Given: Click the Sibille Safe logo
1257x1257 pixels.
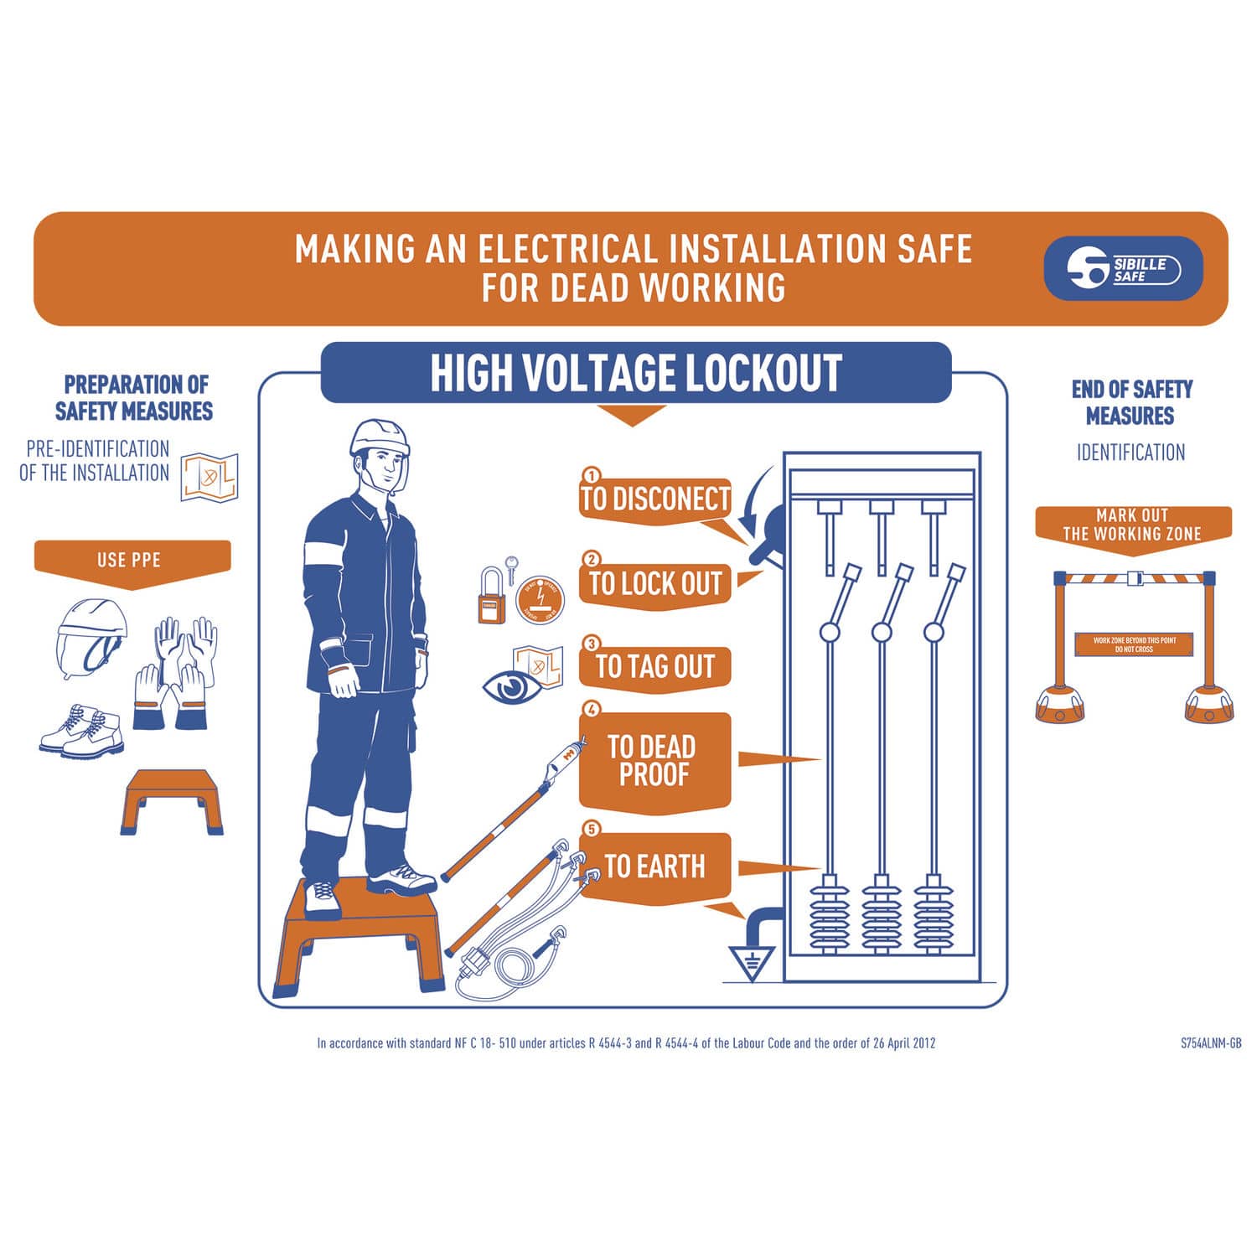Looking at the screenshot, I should [x=1123, y=269].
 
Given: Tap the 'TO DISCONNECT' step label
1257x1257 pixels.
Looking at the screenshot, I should [x=654, y=499].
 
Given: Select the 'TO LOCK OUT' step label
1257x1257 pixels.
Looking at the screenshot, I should [x=654, y=583].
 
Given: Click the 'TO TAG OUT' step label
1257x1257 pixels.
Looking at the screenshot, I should [x=654, y=667].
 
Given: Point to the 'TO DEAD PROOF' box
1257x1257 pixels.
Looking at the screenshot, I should [x=654, y=760].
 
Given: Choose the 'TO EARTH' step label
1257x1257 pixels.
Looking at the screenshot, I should [x=654, y=866].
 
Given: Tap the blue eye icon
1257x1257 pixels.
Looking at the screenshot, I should [x=512, y=688].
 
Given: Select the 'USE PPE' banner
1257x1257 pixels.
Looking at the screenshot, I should [x=131, y=560].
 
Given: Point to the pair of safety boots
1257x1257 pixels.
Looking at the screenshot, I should [x=82, y=731].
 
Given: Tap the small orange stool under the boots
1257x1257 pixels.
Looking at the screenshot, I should [x=171, y=800].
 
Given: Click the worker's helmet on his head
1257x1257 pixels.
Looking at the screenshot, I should [x=379, y=438].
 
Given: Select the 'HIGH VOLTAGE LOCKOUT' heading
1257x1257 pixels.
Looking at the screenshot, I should [x=635, y=373].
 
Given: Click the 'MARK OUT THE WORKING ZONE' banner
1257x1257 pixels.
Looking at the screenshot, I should [x=1132, y=525].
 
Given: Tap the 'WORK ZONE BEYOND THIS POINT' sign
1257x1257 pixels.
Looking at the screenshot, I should [x=1134, y=644].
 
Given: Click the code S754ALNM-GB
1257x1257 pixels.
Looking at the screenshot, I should [x=1210, y=1043].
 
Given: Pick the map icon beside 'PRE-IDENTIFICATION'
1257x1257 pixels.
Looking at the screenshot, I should [x=209, y=477].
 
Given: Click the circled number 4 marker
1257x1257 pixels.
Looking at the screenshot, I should [x=592, y=709].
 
